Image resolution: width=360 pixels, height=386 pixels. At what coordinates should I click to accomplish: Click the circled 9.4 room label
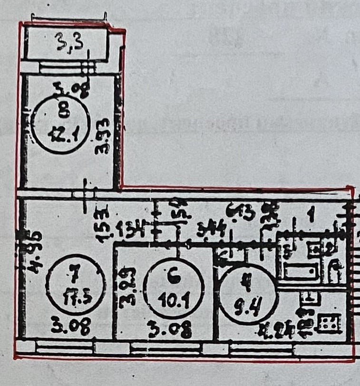[x=246, y=291]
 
